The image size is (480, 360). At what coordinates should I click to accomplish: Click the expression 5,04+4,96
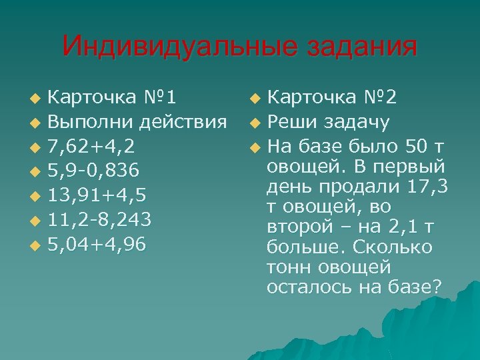(x=97, y=245)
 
